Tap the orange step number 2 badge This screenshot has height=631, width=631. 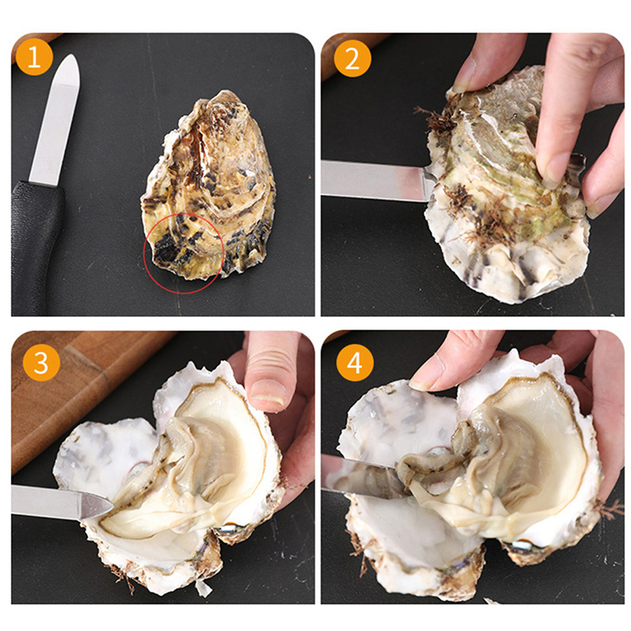click(352, 58)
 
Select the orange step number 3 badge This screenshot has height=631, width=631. click(42, 363)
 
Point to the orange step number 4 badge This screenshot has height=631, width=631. click(355, 363)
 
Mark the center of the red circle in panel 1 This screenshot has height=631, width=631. click(184, 252)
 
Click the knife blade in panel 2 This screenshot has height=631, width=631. click(376, 180)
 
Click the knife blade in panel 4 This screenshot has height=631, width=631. click(362, 475)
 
